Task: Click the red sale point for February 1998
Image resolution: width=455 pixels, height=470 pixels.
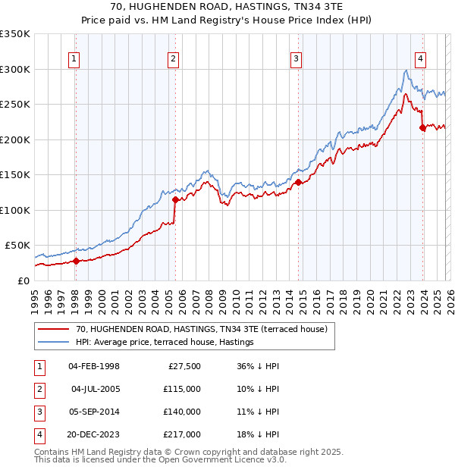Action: click(x=76, y=261)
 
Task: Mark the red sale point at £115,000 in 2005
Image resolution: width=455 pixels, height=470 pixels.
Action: click(x=175, y=199)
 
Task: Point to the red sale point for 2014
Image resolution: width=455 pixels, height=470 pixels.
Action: click(x=298, y=182)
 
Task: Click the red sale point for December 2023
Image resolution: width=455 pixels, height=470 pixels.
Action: click(x=422, y=127)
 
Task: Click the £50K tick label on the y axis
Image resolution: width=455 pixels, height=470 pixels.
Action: click(x=17, y=246)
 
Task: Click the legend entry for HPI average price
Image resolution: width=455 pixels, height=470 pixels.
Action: click(x=164, y=342)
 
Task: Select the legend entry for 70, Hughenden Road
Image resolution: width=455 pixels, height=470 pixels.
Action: click(x=201, y=329)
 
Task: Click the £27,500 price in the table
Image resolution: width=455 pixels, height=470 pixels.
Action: click(x=184, y=366)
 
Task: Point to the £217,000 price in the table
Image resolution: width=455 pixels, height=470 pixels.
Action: click(x=182, y=434)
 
